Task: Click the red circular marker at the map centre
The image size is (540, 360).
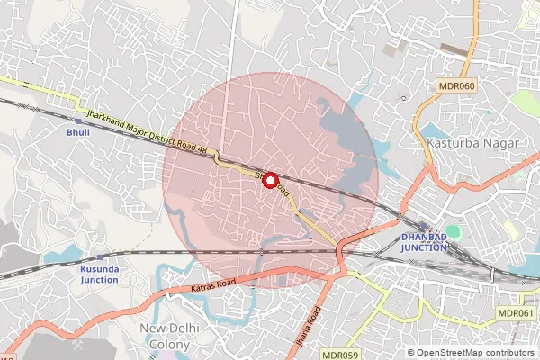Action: (269, 179)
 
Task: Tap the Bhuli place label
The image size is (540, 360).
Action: (78, 133)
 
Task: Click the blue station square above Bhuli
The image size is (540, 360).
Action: (78, 121)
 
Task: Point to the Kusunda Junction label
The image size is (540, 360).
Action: (99, 274)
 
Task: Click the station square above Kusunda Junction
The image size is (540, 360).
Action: (99, 256)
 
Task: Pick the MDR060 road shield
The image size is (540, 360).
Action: (456, 85)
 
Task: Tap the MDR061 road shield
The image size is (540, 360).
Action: (515, 312)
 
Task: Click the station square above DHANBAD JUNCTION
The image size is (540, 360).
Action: (422, 226)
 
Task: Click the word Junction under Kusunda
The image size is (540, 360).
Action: (99, 280)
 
